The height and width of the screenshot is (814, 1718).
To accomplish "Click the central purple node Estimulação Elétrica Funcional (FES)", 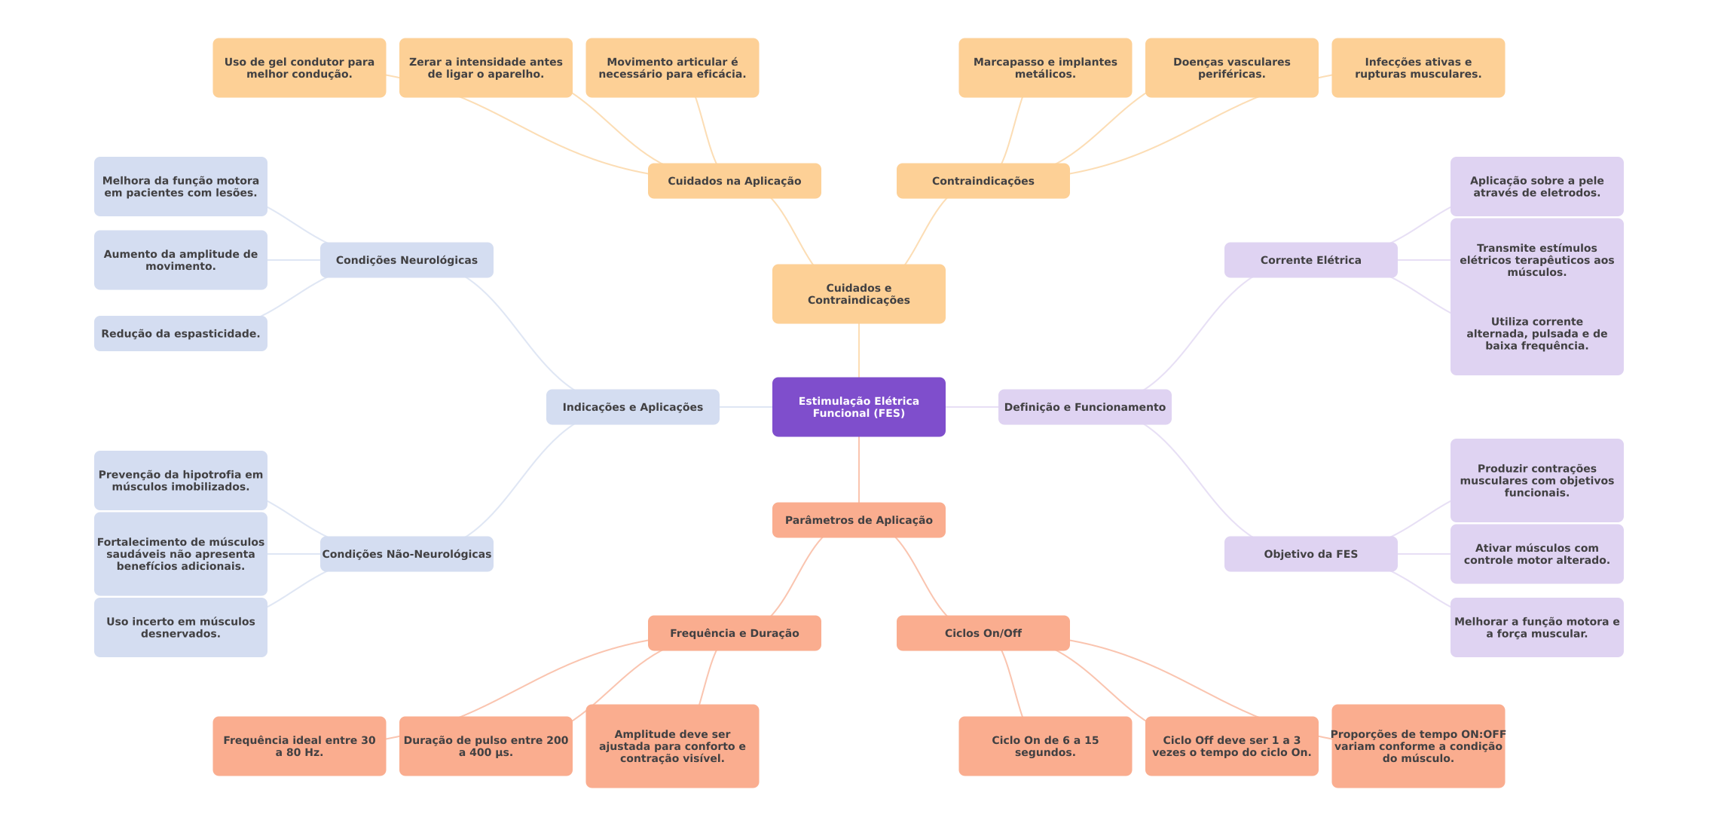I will [x=858, y=407].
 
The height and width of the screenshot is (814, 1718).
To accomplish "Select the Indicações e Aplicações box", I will [x=632, y=407].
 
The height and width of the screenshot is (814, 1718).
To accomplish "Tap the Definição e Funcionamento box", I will [x=1084, y=407].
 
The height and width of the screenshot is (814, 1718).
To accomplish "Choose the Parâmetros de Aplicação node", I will [x=858, y=520].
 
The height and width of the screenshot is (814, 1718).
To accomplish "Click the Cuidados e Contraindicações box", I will [x=858, y=294].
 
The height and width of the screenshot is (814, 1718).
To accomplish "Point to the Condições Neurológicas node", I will [x=406, y=260].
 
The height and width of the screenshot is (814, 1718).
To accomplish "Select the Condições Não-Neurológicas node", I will [x=406, y=554].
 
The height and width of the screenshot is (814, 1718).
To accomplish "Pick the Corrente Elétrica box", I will [x=1310, y=260].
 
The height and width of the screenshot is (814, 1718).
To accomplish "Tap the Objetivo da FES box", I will [x=1310, y=554].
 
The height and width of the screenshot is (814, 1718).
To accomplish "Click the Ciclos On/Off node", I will [x=983, y=633].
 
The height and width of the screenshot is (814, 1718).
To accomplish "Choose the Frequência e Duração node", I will [x=734, y=633].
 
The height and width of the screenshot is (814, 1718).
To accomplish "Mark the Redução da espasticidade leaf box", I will [x=180, y=334].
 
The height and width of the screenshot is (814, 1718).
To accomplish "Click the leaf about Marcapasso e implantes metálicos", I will [x=1044, y=68].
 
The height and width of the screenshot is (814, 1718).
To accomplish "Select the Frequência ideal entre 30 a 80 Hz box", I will [x=298, y=746].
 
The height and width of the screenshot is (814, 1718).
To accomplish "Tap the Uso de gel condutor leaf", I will [x=298, y=68].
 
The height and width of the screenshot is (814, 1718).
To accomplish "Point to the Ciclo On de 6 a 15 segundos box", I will [x=1044, y=746].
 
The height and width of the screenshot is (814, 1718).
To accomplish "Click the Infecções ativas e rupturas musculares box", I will [x=1417, y=68].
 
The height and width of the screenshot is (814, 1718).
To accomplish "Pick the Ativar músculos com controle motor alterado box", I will [x=1536, y=554].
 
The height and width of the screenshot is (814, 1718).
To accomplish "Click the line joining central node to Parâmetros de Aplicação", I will [x=859, y=470].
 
